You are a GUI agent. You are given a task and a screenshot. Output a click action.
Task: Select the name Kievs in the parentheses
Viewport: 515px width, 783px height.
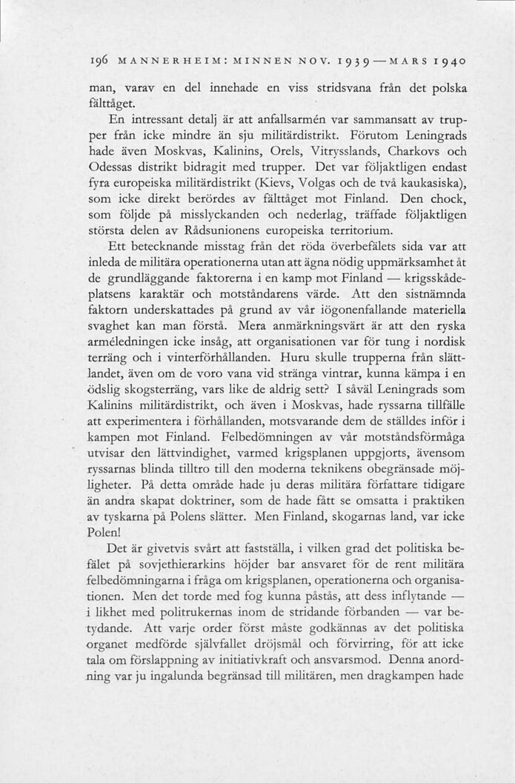pos(279,185)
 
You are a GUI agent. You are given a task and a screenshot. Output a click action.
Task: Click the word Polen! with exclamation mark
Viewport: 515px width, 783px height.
pos(104,532)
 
